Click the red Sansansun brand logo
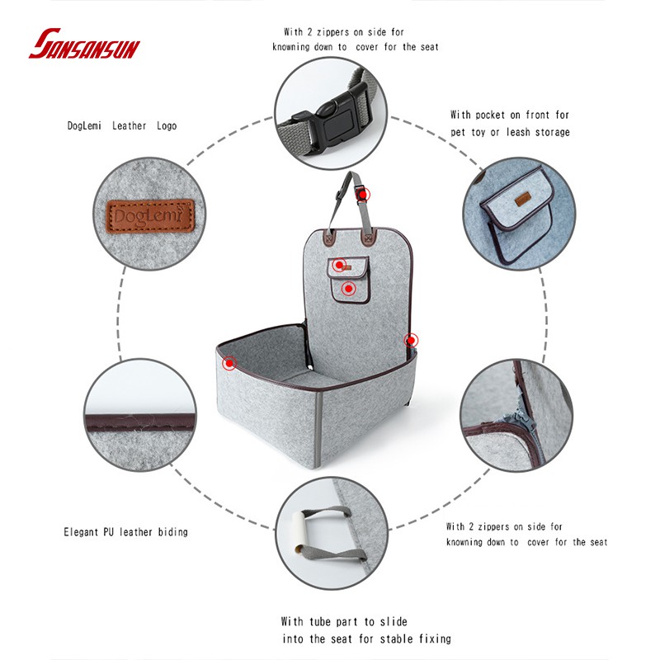pyautogui.click(x=84, y=44)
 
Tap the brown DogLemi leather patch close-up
pyautogui.click(x=150, y=215)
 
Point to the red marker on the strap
pyautogui.click(x=363, y=195)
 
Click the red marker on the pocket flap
pyautogui.click(x=339, y=265)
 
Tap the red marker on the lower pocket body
pyautogui.click(x=348, y=289)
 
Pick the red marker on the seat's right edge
pyautogui.click(x=411, y=340)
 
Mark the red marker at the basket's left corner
pyautogui.click(x=229, y=362)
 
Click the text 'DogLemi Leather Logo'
pyautogui.click(x=122, y=126)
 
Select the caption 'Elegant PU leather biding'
pyautogui.click(x=125, y=532)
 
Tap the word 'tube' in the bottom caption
pyautogui.click(x=320, y=622)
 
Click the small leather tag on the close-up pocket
pyautogui.click(x=522, y=200)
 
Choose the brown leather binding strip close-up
pyautogui.click(x=140, y=422)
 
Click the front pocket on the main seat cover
pyautogui.click(x=348, y=280)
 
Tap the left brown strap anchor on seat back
pyautogui.click(x=328, y=239)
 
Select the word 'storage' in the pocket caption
pyautogui.click(x=552, y=133)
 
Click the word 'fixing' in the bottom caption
pyautogui.click(x=435, y=639)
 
